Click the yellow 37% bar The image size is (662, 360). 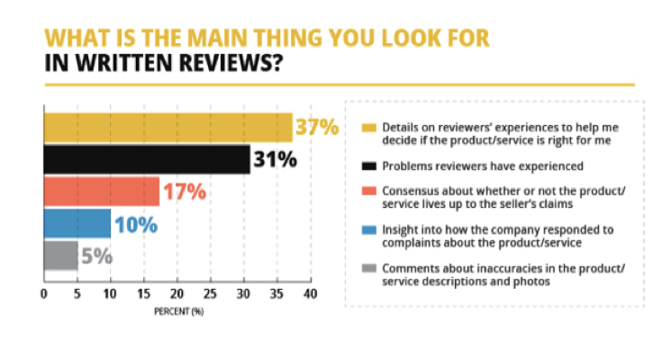[168, 128]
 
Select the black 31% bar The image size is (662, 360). [147, 159]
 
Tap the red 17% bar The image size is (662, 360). [101, 191]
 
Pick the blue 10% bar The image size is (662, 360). [77, 223]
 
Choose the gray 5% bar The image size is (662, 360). [60, 255]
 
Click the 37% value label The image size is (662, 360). [316, 128]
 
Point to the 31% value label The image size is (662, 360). [275, 160]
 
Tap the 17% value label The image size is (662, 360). [184, 192]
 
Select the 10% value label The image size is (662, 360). [135, 224]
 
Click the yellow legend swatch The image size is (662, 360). [367, 127]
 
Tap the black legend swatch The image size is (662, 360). [367, 166]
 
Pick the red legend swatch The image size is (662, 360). [367, 192]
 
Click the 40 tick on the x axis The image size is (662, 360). [310, 294]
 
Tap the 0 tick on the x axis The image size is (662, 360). [44, 294]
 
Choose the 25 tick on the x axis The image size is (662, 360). [210, 294]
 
